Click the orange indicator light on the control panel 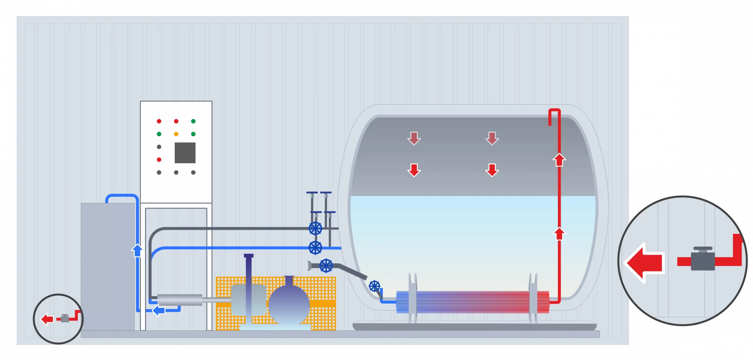(176, 134)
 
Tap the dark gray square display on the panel (185, 153)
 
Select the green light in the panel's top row (193, 121)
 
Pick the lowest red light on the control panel (159, 160)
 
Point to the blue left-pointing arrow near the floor (159, 310)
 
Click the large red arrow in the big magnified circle (646, 262)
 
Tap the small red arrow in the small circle (47, 319)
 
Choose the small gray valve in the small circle (65, 318)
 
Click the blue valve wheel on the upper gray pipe (315, 228)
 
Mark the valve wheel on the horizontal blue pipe (315, 248)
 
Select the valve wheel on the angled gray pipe (326, 266)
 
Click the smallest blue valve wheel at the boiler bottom (374, 286)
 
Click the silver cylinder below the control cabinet (180, 300)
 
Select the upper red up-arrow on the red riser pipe (559, 160)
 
